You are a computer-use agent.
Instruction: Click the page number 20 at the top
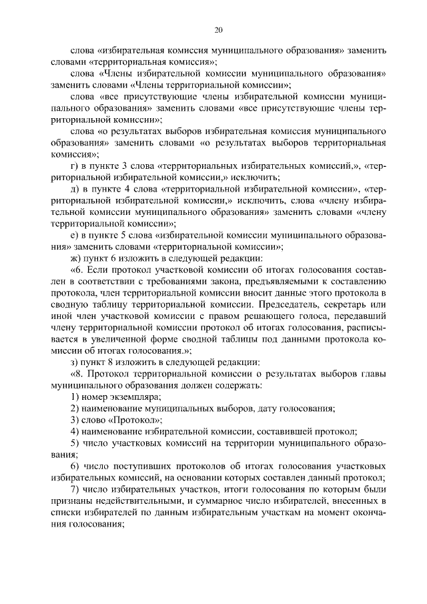coord(218,29)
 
